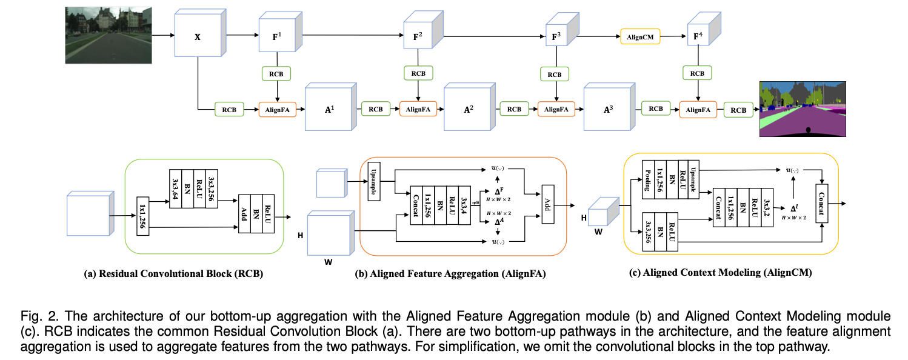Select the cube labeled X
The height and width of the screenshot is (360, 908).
click(x=197, y=37)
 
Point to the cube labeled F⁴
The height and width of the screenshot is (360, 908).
click(x=698, y=37)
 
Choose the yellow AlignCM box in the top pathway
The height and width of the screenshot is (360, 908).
click(x=639, y=37)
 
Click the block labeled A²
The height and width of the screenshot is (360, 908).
click(x=468, y=110)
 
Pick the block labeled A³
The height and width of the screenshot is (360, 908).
click(x=607, y=110)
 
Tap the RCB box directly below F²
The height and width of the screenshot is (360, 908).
click(x=418, y=73)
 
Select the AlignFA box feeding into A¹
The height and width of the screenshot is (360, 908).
click(x=277, y=110)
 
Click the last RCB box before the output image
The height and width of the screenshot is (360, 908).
click(x=738, y=110)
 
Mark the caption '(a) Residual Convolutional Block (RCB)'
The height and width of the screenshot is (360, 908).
click(x=173, y=274)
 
